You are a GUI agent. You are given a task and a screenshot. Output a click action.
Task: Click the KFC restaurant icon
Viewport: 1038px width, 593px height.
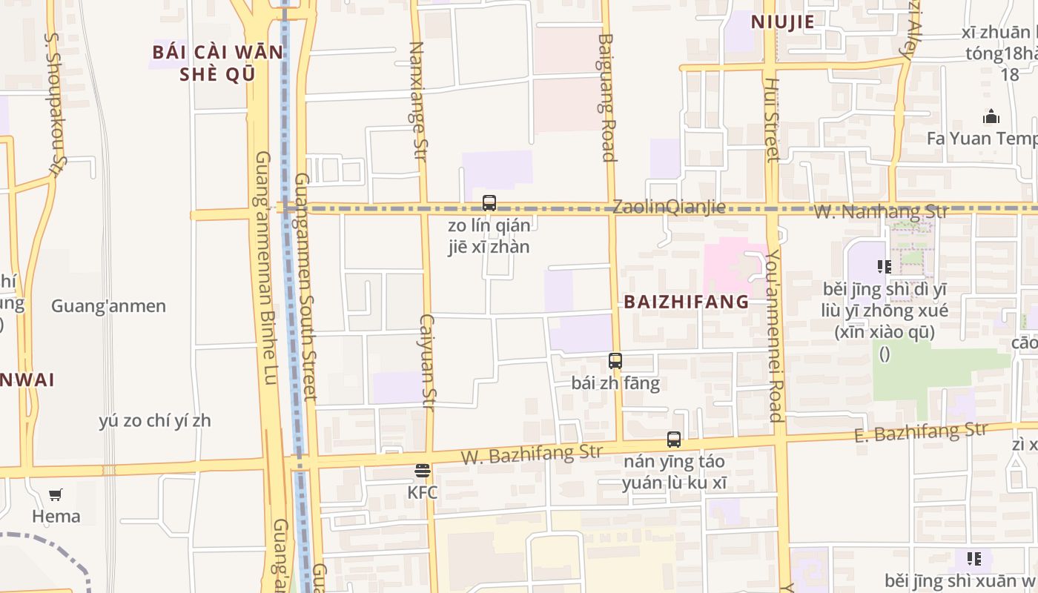423,471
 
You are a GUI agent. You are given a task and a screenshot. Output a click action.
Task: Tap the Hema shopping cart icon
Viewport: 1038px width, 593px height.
56,494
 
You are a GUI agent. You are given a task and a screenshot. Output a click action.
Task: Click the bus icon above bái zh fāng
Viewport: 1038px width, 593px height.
615,361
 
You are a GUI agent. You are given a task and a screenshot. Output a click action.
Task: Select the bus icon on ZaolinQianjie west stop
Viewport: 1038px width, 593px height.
489,202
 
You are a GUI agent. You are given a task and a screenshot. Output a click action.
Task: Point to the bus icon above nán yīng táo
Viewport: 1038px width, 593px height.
674,440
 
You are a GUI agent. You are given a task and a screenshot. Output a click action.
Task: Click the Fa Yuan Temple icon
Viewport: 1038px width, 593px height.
991,117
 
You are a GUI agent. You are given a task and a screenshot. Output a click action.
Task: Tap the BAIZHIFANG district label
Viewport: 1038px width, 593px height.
687,302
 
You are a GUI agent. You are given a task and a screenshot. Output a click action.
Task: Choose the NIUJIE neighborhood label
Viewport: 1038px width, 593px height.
783,21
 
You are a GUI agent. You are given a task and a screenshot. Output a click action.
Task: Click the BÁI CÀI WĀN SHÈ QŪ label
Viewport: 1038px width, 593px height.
218,63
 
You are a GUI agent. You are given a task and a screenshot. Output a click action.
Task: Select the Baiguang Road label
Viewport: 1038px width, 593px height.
606,97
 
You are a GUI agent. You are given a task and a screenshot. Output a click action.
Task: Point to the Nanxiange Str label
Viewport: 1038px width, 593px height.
418,101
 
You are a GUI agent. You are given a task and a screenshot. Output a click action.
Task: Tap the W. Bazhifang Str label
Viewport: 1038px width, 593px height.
532,453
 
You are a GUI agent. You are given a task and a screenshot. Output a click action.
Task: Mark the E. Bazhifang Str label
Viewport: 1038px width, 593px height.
920,431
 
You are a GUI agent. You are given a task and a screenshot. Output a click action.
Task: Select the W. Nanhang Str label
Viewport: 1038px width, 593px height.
882,211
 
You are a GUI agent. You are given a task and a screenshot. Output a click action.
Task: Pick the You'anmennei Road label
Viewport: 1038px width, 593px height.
775,335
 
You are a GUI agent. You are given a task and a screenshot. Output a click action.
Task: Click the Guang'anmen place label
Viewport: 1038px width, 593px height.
108,306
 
